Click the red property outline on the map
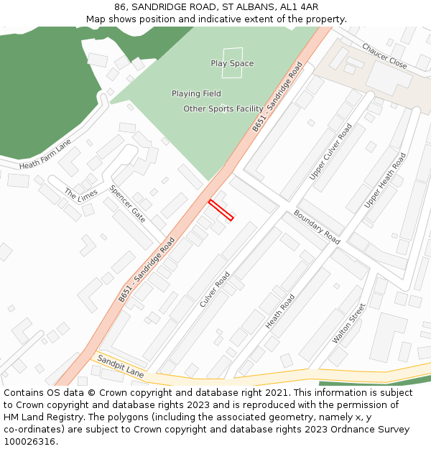pyautogui.click(x=221, y=210)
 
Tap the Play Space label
pyautogui.click(x=232, y=64)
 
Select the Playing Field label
pyautogui.click(x=196, y=93)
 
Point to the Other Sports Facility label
pyautogui.click(x=223, y=109)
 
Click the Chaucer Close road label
pyautogui.click(x=384, y=56)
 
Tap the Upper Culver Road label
pyautogui.click(x=331, y=152)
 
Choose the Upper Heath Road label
pyautogui.click(x=385, y=180)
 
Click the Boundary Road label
pyautogui.click(x=317, y=227)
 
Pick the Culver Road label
pyautogui.click(x=215, y=290)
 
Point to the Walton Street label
pyautogui.click(x=349, y=323)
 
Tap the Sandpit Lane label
pyautogui.click(x=121, y=366)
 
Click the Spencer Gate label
pyautogui.click(x=128, y=204)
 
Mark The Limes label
pyautogui.click(x=80, y=195)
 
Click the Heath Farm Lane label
pyautogui.click(x=45, y=154)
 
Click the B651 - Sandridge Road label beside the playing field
pyautogui.click(x=277, y=97)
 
